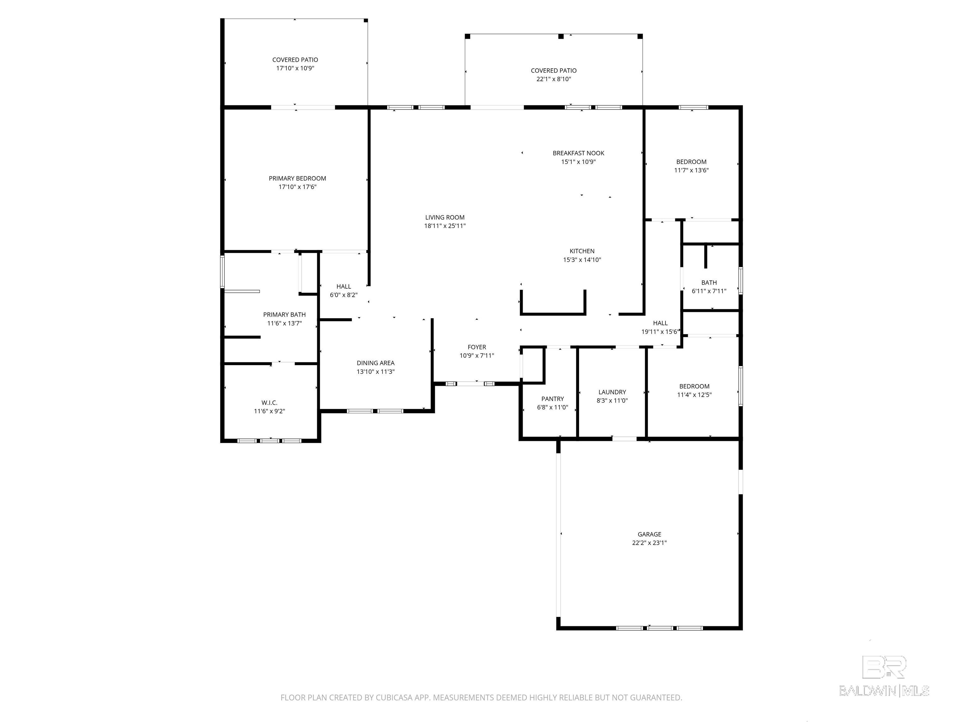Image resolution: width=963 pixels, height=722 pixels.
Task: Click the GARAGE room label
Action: coord(649,534)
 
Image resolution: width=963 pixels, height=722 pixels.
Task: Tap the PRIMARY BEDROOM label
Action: coord(297,178)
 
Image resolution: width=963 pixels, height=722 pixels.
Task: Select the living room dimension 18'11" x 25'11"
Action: coord(445,226)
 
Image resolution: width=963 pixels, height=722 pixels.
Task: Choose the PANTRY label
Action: coord(552,399)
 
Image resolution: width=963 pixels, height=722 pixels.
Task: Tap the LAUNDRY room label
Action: coord(612,392)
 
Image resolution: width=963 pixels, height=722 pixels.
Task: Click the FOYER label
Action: coord(477,347)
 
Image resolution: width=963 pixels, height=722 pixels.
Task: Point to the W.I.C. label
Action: coord(270,403)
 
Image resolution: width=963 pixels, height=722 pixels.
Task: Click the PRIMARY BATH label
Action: coord(284,315)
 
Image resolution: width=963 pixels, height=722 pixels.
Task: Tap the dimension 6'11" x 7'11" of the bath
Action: coord(709,291)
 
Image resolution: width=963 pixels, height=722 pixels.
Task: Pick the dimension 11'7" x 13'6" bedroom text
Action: coord(691,170)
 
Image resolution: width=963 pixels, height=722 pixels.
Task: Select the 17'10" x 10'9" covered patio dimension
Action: coord(295,68)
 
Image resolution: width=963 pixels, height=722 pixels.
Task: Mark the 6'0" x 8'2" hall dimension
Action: coord(344,295)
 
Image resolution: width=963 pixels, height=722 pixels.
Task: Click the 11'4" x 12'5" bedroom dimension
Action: coord(694,395)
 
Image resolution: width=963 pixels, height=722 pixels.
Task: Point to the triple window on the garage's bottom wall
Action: coord(659,628)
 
